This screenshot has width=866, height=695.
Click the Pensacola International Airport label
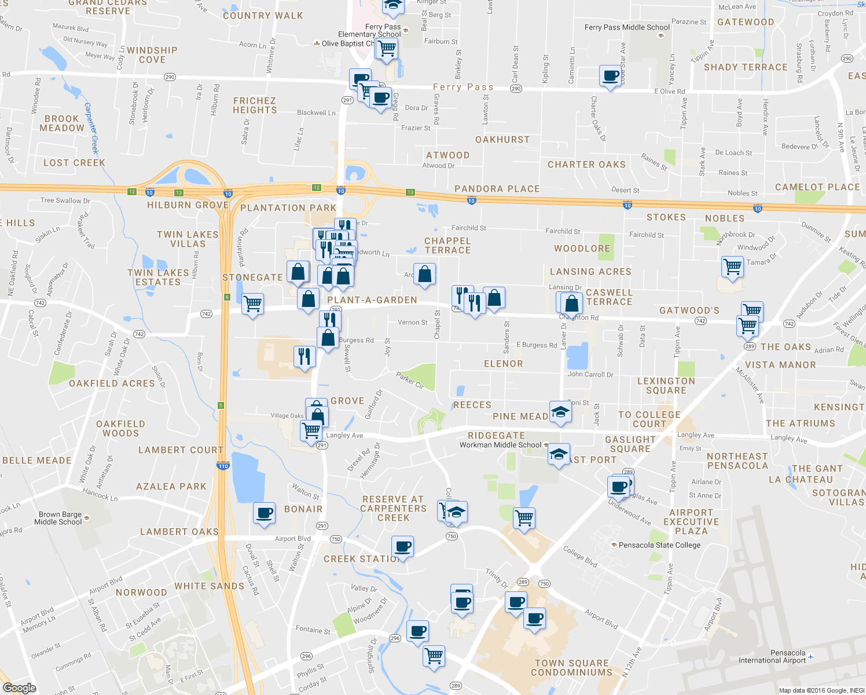[772, 656]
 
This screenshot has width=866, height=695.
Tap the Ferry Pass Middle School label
[627, 27]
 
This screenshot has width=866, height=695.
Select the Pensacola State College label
[659, 545]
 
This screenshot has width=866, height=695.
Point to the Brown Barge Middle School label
[58, 518]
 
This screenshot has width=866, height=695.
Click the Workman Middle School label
[500, 445]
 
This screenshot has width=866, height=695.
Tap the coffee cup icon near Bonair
[265, 513]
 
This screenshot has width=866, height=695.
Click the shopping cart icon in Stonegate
[253, 303]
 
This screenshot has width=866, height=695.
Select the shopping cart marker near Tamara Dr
[733, 267]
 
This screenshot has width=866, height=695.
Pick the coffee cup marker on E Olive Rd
[611, 76]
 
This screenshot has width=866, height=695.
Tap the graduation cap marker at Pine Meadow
[560, 412]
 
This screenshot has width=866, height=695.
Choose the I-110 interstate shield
[223, 466]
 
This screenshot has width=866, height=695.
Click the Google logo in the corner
[19, 688]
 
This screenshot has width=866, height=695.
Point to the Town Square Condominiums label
[571, 668]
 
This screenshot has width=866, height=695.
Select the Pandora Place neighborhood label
[497, 189]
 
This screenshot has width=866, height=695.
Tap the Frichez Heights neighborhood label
[255, 105]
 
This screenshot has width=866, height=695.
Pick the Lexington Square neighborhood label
[666, 386]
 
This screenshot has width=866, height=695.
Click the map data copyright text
[821, 690]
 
